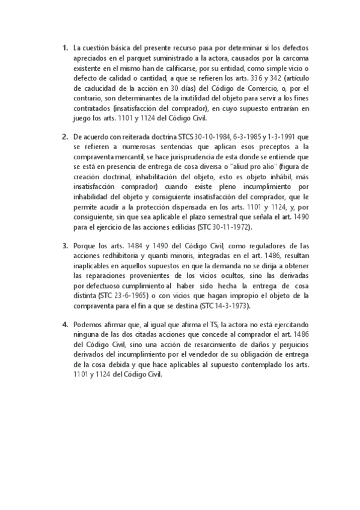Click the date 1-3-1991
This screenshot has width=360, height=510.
pyautogui.click(x=287, y=137)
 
